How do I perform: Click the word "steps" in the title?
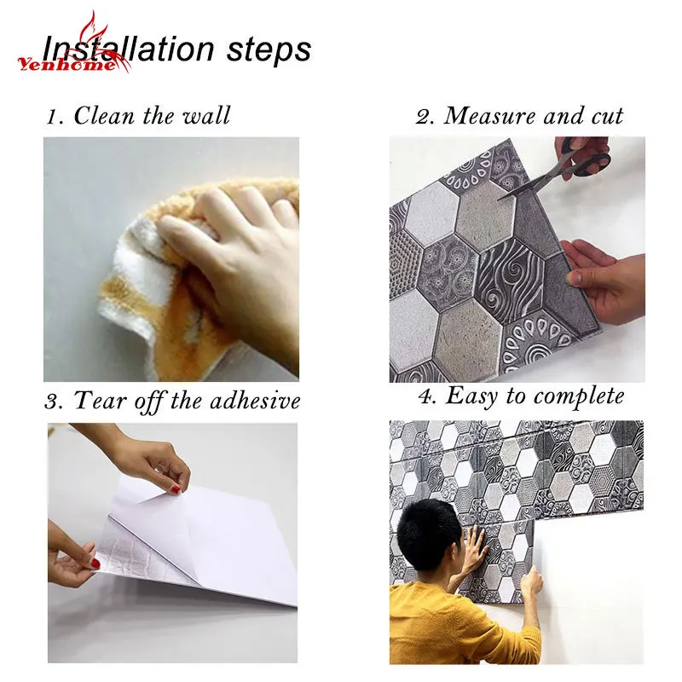click(x=269, y=49)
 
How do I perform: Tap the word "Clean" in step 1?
click(x=103, y=115)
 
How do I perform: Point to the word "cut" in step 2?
click(x=607, y=117)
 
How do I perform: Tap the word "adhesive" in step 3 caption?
click(x=255, y=400)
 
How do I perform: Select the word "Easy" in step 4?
click(x=471, y=396)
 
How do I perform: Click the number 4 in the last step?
click(x=425, y=396)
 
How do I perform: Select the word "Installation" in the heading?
click(x=129, y=49)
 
